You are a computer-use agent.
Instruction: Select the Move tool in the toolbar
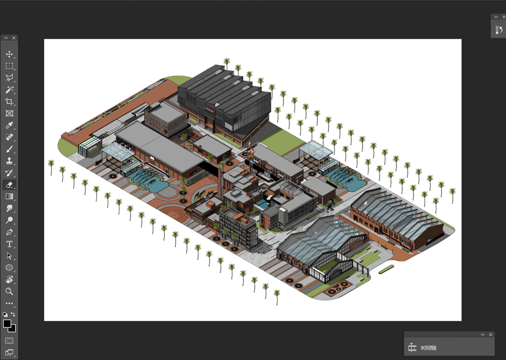(x=9, y=54)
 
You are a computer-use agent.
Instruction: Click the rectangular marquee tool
(x=9, y=66)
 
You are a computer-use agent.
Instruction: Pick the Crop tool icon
(x=9, y=101)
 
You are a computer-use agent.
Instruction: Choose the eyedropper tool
(x=9, y=125)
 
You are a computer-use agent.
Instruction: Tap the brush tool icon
(x=9, y=149)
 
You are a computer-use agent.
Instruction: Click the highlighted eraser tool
(x=9, y=184)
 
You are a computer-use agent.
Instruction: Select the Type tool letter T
(x=9, y=244)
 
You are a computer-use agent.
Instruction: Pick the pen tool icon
(x=9, y=232)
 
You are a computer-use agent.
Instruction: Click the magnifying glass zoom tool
(x=9, y=292)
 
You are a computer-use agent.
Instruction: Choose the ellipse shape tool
(x=9, y=268)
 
